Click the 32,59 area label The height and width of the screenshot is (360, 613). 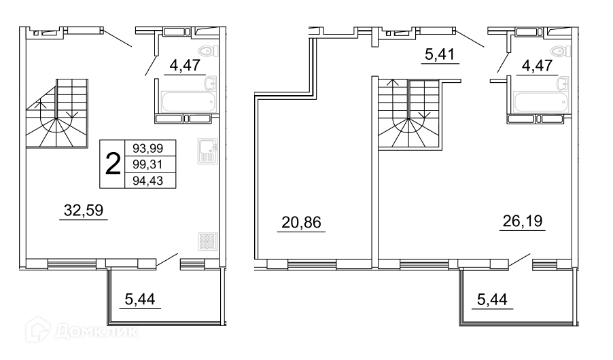tap(84, 211)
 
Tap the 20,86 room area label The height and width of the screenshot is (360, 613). tap(301, 222)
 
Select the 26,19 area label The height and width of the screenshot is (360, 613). tap(523, 221)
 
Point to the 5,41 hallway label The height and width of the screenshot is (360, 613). tap(440, 55)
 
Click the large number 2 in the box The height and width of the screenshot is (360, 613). tap(113, 164)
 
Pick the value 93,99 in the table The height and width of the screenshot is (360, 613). tap(147, 148)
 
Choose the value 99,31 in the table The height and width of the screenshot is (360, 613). tap(147, 164)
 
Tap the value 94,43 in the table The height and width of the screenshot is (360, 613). tap(147, 181)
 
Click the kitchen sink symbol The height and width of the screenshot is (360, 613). tap(207, 151)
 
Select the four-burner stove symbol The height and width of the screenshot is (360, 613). tap(207, 241)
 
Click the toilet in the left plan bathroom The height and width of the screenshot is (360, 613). tap(208, 51)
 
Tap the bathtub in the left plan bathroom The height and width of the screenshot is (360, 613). tap(188, 102)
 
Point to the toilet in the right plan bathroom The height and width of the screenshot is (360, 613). tap(560, 51)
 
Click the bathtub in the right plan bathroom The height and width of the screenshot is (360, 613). tap(541, 103)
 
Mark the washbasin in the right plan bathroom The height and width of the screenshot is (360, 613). tap(563, 84)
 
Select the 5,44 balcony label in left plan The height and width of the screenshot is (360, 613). tap(140, 300)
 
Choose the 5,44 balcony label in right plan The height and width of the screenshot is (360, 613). tap(492, 300)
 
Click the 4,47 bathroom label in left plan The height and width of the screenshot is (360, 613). tap(185, 65)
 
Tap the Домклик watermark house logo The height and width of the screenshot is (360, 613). tap(37, 330)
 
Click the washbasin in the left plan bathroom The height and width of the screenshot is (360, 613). tap(210, 84)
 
